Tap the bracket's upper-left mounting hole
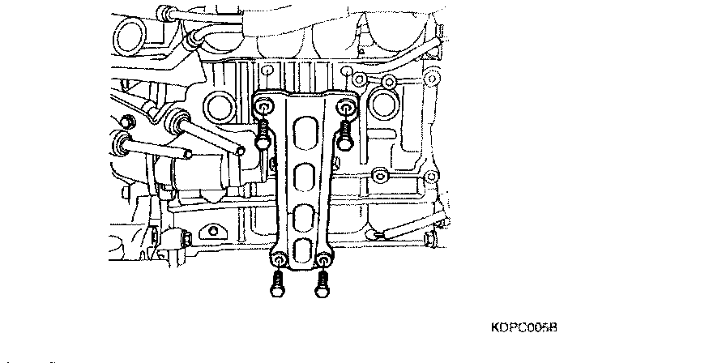(264, 108)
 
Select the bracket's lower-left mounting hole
(278, 261)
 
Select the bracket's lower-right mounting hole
(323, 261)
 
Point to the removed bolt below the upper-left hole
(263, 134)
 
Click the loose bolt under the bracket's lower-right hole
(323, 283)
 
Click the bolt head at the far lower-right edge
(430, 239)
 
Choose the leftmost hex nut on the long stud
(124, 144)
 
